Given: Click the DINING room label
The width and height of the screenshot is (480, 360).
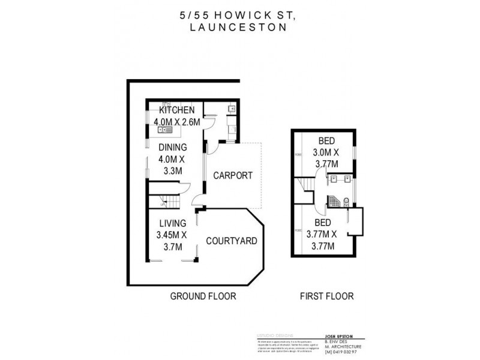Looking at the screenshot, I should point(173,147).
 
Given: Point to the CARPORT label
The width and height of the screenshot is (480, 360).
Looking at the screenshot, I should point(233,176).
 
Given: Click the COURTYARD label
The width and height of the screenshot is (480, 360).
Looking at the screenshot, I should point(232,241).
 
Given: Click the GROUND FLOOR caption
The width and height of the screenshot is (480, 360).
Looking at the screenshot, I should point(203,296).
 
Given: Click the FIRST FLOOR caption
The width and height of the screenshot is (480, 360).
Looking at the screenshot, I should point(326,296).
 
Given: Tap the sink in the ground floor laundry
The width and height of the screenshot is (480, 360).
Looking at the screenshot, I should point(232,110).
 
